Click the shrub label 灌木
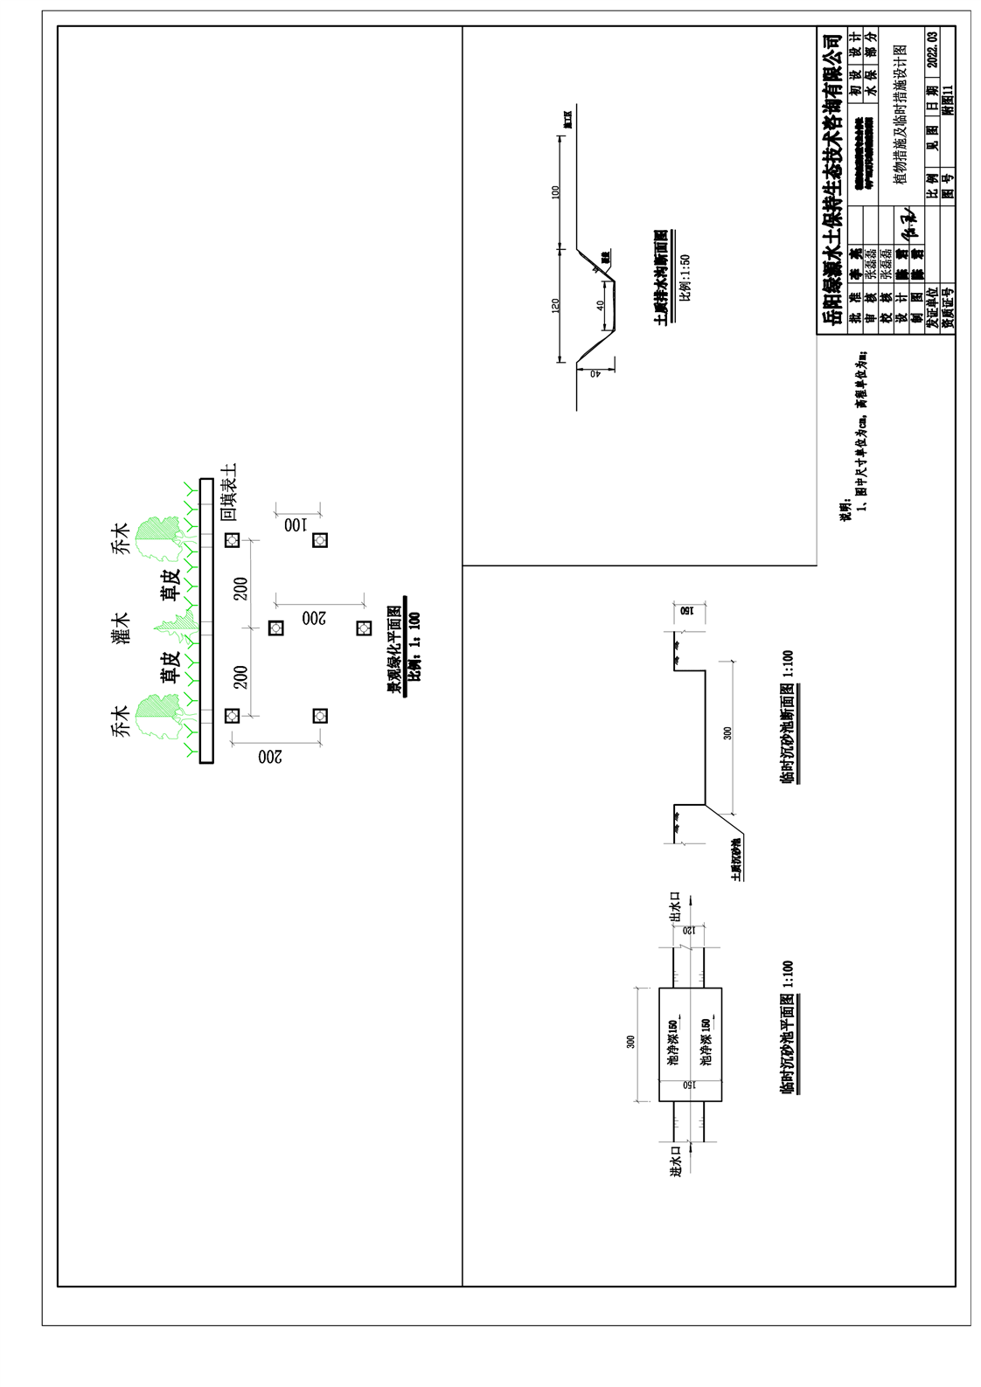pos(121,628)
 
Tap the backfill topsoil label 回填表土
pos(229,492)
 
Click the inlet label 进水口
pos(675,1162)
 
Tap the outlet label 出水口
pos(675,907)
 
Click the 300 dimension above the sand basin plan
pos(630,1042)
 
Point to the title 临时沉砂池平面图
pos(787,1028)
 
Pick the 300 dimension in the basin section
pos(727,732)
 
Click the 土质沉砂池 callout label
pos(737,859)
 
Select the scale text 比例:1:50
pos(685,277)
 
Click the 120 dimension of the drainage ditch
pos(555,306)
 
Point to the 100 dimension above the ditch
pos(555,191)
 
